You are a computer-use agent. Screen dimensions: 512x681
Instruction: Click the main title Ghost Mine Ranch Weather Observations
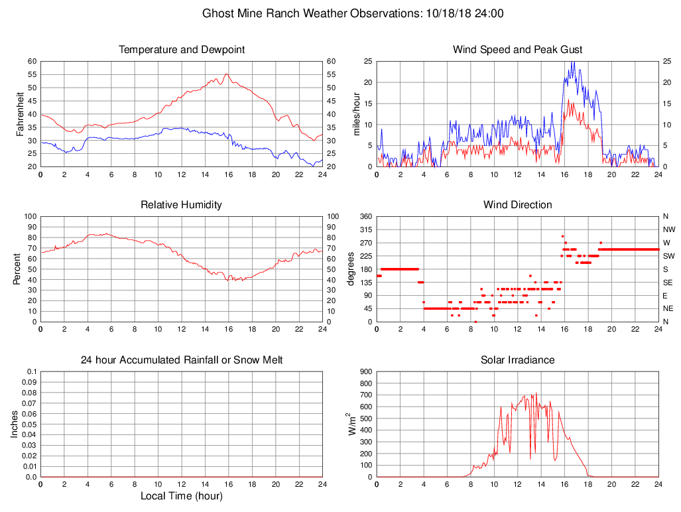click(353, 13)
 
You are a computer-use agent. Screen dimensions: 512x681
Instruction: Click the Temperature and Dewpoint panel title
click(182, 50)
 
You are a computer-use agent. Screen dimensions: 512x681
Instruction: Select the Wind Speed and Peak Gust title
click(517, 50)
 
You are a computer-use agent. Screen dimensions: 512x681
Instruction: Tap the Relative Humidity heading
click(181, 205)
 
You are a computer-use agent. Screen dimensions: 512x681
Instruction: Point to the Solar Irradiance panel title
click(517, 360)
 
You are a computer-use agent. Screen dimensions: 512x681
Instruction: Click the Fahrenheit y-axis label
click(20, 114)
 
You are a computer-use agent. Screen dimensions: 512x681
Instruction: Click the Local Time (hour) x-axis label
click(181, 496)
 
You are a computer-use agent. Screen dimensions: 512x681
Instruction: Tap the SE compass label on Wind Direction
click(666, 283)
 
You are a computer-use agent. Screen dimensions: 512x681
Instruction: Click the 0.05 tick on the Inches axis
click(30, 424)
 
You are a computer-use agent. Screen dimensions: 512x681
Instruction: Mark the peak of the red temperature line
click(227, 74)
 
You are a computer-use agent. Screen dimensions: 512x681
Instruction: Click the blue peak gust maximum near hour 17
click(573, 62)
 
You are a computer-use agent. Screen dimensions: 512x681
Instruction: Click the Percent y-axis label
click(17, 269)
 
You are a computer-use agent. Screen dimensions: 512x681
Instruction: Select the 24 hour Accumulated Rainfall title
click(181, 360)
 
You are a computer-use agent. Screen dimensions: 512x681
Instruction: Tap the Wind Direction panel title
click(517, 205)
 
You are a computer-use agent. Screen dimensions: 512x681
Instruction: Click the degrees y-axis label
click(351, 269)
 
